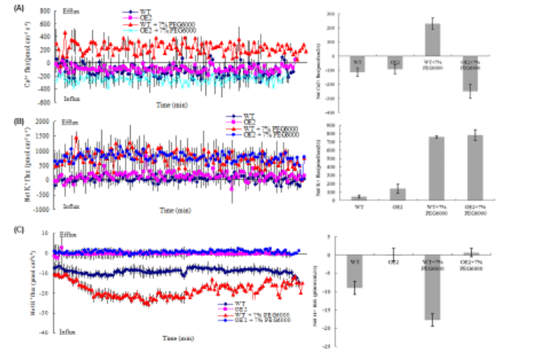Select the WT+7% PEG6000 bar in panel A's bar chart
433,40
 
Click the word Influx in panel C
68,330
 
